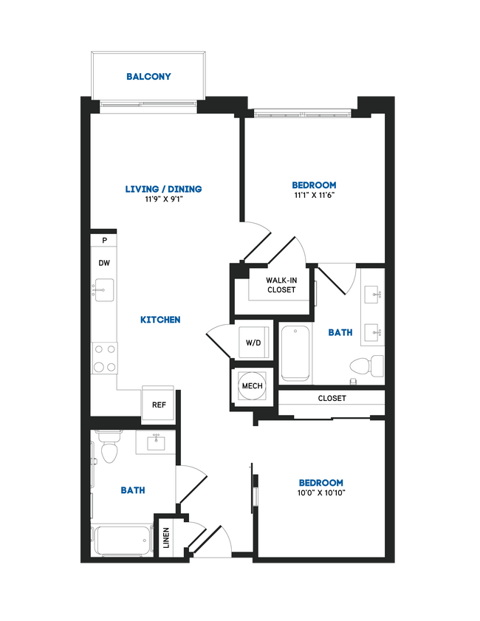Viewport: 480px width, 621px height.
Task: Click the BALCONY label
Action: (148, 76)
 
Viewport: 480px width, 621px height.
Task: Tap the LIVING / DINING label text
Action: (163, 189)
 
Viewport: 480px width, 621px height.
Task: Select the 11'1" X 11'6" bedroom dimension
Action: (314, 196)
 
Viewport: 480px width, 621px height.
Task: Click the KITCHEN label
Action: (160, 320)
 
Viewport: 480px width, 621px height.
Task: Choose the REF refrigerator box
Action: (158, 404)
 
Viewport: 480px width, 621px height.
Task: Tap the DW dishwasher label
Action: (104, 263)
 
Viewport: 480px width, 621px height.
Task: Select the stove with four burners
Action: (104, 358)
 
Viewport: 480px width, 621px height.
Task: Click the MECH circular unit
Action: (249, 385)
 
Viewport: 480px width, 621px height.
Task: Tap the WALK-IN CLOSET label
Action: (281, 284)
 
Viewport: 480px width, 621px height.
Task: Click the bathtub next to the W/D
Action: (295, 351)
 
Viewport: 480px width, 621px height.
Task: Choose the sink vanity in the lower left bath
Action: (154, 442)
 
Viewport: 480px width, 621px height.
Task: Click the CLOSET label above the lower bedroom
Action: (332, 399)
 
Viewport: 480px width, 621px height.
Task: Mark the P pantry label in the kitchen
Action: (104, 241)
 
